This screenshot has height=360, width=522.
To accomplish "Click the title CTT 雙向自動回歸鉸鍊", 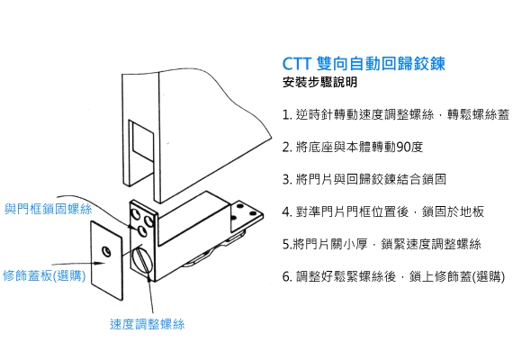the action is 364,63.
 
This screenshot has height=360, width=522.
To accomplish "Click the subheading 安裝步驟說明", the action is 319,82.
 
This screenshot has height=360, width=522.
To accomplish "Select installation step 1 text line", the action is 396,114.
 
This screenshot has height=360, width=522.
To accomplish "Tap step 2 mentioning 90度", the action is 353,147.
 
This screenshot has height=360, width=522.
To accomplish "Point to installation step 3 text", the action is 364,179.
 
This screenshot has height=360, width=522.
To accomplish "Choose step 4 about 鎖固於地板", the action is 382,211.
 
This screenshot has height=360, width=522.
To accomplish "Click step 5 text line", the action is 382,244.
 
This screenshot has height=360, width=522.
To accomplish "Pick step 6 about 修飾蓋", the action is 393,276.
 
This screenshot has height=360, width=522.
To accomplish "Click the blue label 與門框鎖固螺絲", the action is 49,209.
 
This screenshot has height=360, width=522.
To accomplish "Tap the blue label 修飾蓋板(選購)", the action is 44,275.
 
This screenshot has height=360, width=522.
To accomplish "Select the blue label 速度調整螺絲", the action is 147,324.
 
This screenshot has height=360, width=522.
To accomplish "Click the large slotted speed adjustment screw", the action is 142,260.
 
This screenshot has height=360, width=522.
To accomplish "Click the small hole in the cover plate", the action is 107,251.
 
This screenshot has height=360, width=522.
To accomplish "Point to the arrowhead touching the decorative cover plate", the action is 99,263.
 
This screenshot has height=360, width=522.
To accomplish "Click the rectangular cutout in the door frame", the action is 141,140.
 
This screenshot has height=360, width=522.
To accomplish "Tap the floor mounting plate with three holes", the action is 247,216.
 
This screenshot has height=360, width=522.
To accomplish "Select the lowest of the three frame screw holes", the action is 142,230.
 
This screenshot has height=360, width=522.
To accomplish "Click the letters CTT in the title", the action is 297,64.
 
